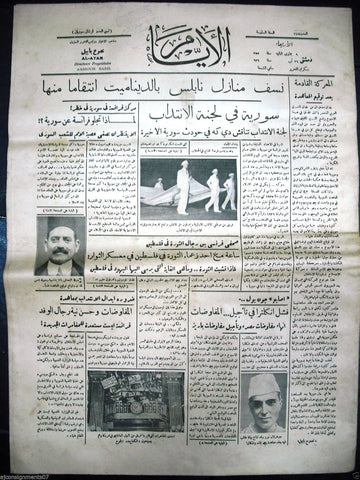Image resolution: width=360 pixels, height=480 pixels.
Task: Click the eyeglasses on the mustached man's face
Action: click(60, 240)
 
